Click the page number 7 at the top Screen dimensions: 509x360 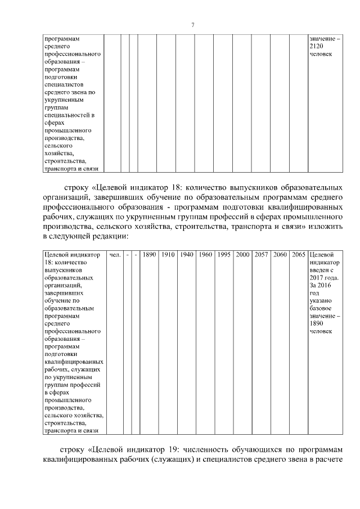pyautogui.click(x=192, y=25)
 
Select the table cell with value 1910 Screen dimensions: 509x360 pyautogui.click(x=168, y=255)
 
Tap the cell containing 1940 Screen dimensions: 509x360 pyautogui.click(x=186, y=255)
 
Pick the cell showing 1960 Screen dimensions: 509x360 pyautogui.click(x=205, y=255)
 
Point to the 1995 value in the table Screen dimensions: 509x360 pyautogui.click(x=224, y=255)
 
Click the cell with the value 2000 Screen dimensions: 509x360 pyautogui.click(x=242, y=255)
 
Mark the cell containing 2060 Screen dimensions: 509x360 pyautogui.click(x=280, y=255)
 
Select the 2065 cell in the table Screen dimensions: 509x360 pyautogui.click(x=298, y=255)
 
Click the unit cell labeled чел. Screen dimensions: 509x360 pyautogui.click(x=114, y=255)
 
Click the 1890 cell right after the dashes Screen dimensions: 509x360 pyautogui.click(x=149, y=255)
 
